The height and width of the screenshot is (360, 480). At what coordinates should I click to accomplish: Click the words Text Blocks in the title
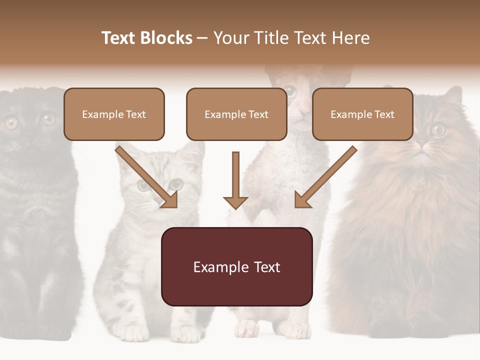146,38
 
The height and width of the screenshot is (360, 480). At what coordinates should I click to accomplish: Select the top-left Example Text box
114,114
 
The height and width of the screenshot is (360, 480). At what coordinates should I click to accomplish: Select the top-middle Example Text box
236,114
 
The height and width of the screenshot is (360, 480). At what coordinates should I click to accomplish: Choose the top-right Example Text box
362,114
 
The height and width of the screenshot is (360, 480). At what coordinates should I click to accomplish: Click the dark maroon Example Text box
236,266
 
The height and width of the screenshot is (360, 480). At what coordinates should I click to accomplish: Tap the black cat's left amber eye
11,122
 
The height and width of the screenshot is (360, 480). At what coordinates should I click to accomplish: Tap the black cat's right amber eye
48,119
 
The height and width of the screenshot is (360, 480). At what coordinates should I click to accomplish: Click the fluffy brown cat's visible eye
438,129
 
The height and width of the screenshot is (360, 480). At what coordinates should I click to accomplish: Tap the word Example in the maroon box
214,267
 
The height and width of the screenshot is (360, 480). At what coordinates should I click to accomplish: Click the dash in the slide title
202,38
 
